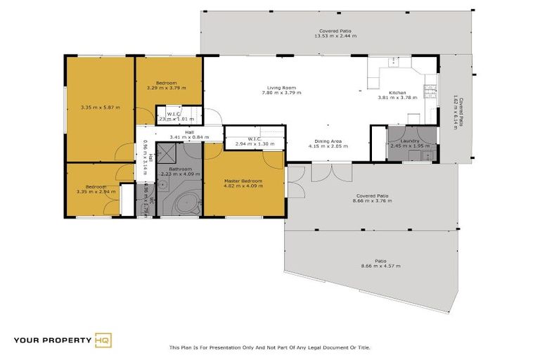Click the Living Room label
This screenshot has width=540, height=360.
pos(281,88)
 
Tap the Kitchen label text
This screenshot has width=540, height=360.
pos(398,93)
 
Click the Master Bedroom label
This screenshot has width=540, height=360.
pos(243,181)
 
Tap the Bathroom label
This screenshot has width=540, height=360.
pos(181,169)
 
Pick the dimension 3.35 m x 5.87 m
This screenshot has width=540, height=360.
pos(100,108)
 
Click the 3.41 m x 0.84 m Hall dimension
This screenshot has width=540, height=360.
pos(189,137)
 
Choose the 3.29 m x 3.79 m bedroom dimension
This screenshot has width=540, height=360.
pos(166,88)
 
